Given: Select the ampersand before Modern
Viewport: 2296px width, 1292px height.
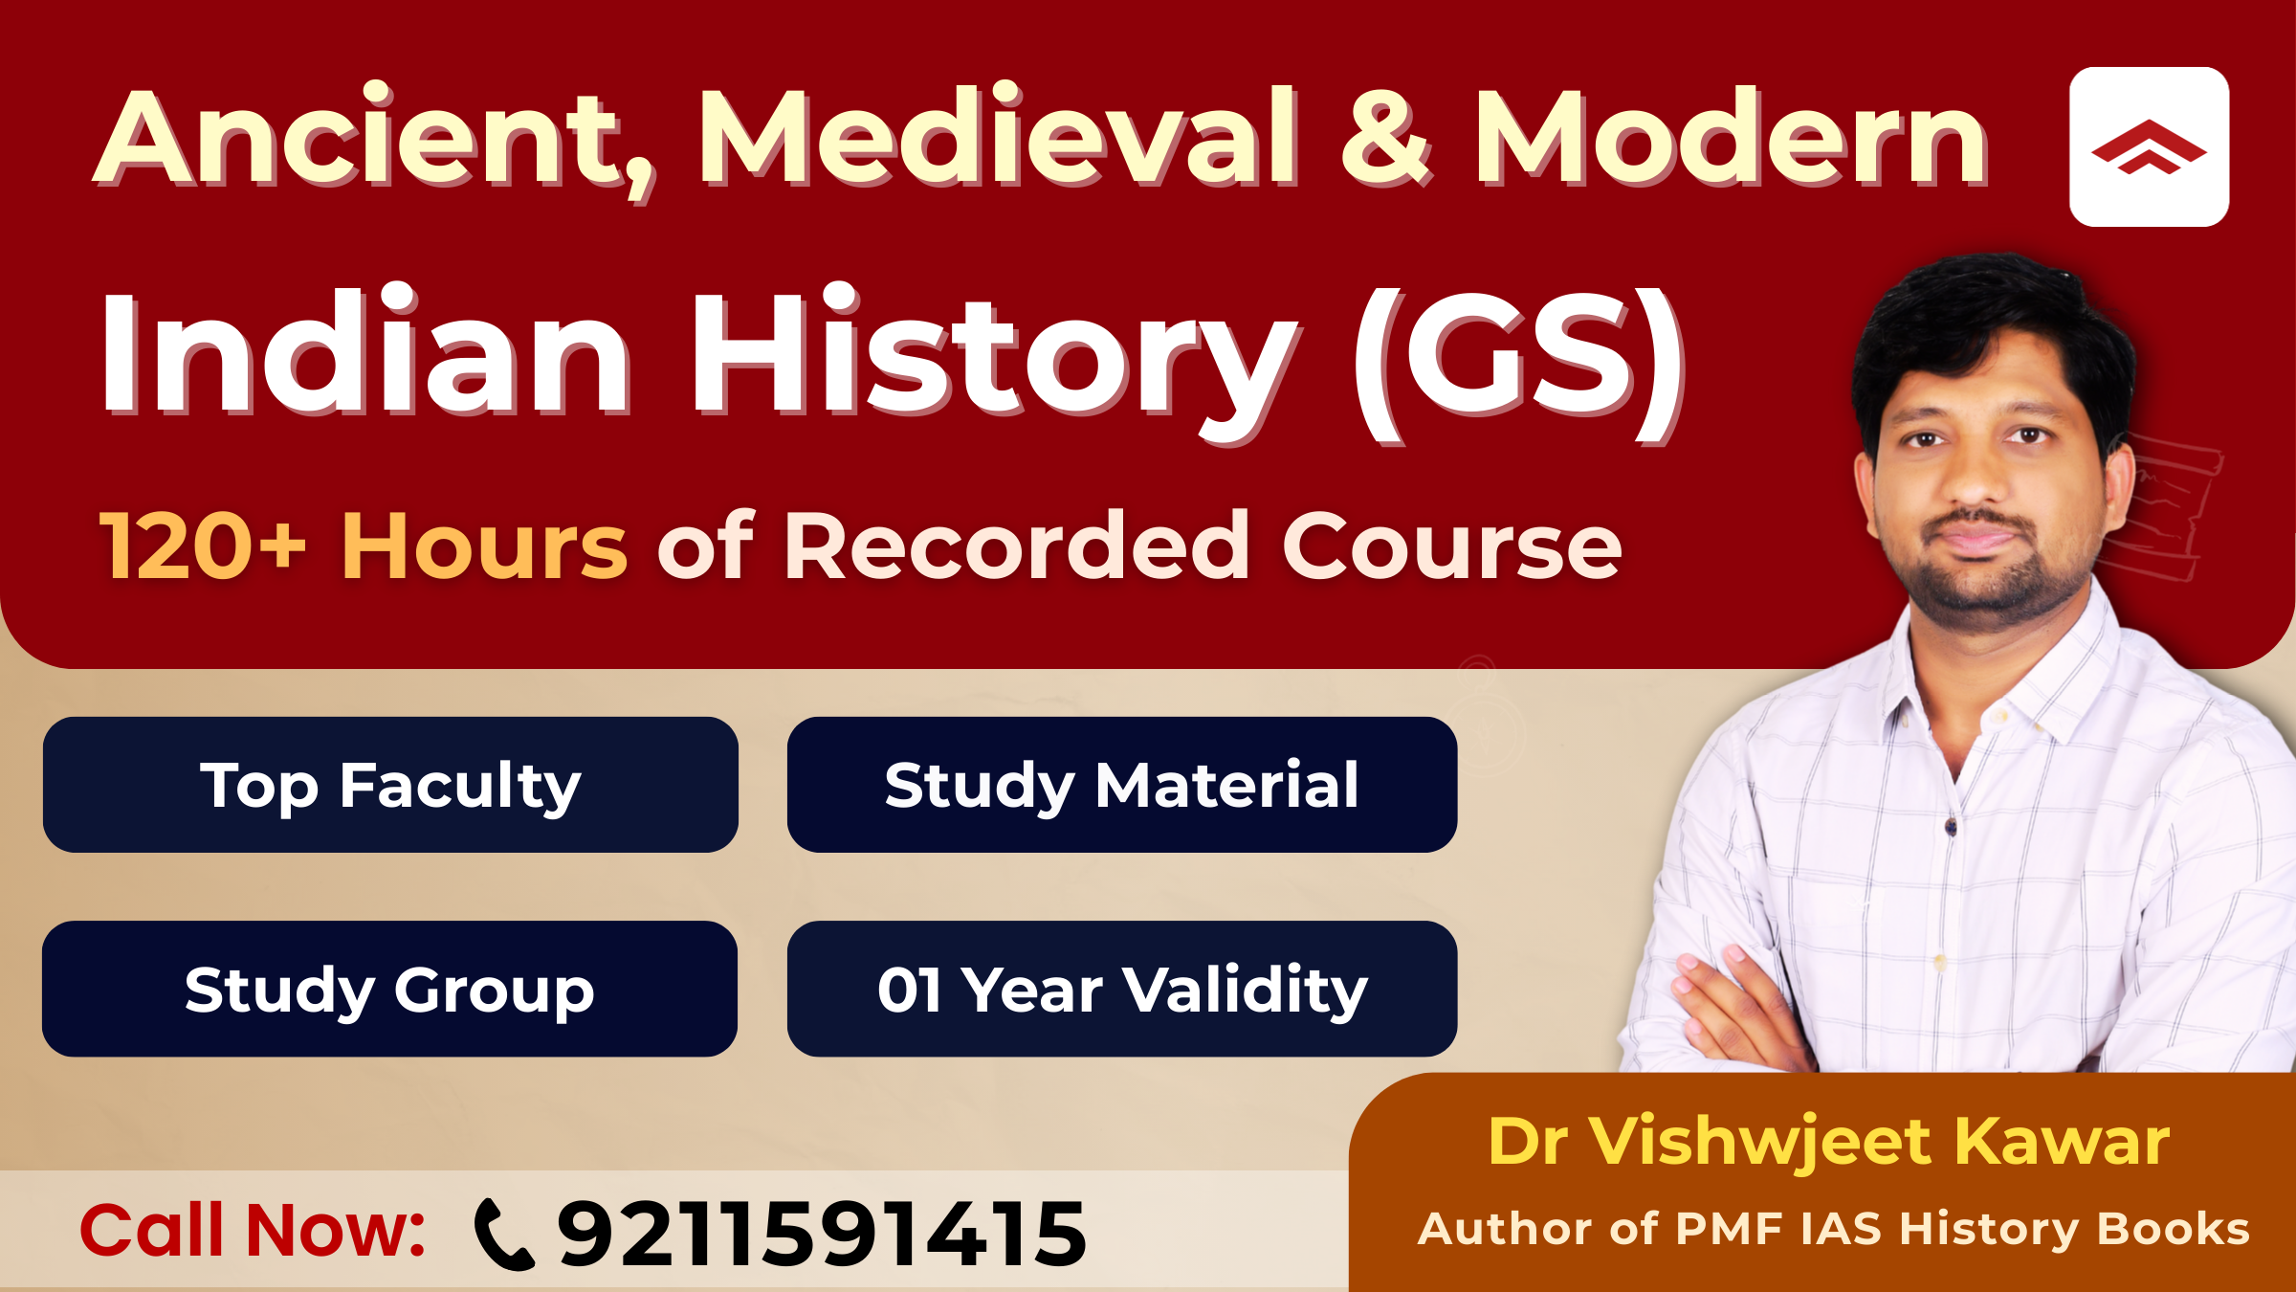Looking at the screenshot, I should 1384,139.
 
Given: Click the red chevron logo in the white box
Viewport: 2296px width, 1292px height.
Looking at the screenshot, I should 2149,147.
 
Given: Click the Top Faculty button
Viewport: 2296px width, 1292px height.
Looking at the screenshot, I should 390,785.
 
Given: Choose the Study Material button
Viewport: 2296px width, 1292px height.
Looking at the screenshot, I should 1121,785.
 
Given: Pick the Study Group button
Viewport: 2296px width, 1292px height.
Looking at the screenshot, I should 389,989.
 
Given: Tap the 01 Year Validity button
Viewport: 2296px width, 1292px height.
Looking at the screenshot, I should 1121,989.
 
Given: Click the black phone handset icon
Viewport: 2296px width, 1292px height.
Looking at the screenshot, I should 504,1235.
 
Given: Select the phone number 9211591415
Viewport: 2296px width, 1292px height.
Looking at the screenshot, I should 823,1235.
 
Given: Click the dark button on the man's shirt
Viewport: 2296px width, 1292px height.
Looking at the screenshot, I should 1951,825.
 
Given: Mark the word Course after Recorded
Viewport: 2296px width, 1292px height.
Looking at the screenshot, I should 1452,546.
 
